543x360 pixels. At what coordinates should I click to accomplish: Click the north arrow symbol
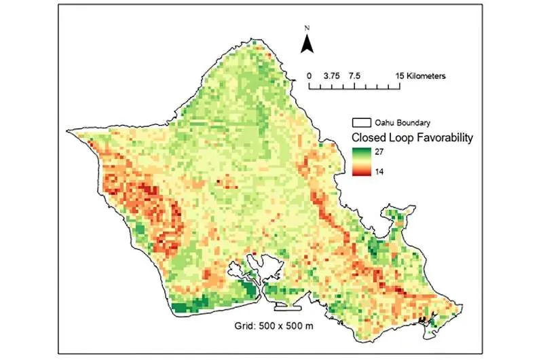(x=307, y=44)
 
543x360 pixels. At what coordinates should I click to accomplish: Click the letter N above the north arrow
(x=307, y=29)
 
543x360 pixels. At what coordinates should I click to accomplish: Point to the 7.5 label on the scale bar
(x=354, y=77)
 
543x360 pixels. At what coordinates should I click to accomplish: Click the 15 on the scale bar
(x=400, y=77)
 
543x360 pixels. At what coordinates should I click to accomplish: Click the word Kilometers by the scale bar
(x=426, y=77)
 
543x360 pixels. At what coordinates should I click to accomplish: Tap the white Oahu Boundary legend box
(x=360, y=123)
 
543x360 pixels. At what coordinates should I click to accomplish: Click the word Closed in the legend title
(x=367, y=137)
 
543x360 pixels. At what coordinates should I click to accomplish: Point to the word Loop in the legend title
(x=400, y=137)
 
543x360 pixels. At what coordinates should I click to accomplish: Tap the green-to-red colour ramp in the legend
(x=360, y=162)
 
